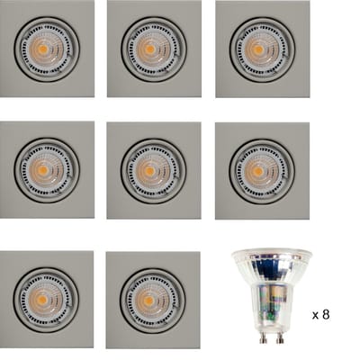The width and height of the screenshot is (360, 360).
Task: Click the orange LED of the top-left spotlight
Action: coord(42,49)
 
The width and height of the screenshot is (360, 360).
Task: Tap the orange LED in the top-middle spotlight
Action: coord(149,49)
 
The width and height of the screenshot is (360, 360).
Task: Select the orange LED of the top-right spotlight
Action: coord(257,49)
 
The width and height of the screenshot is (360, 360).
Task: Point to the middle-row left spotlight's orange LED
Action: coord(43,170)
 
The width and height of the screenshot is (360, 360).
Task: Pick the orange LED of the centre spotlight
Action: coord(149,171)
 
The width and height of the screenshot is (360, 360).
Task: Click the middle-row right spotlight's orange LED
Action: coord(257,171)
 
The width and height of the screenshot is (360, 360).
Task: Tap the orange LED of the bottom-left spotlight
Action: coord(42,300)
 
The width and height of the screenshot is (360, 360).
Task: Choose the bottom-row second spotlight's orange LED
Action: coord(148,301)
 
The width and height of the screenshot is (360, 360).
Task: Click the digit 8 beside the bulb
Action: coord(326,314)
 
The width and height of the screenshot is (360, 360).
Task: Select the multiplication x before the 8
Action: coord(316,316)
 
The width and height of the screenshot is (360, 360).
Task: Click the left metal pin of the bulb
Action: coord(263,337)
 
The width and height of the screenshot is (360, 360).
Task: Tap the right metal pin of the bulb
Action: coord(280,337)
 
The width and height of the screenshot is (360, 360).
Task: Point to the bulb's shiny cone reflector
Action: coord(272,267)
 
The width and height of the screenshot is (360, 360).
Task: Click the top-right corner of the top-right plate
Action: coord(310,1)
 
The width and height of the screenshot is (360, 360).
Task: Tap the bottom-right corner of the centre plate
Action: coord(201,219)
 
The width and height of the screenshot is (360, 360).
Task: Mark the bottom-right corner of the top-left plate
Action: coord(94,96)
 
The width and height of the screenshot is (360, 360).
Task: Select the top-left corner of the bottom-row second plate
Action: coord(106,252)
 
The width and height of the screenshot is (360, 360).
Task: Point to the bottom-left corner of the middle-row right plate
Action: coord(215,219)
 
